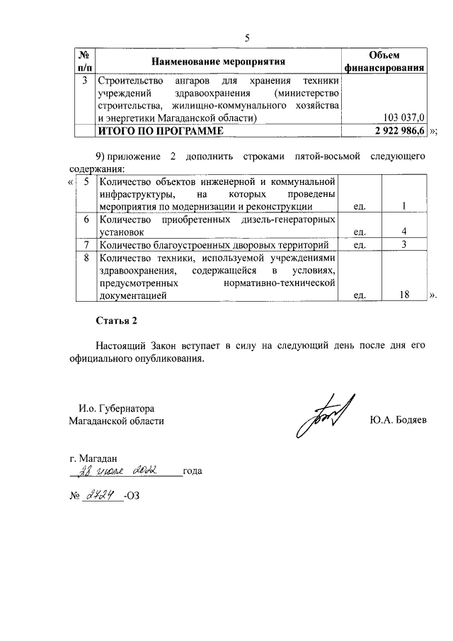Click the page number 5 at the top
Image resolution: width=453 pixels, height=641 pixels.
[247, 38]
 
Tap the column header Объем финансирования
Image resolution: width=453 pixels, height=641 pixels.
[384, 62]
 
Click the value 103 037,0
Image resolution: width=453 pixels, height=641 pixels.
[403, 117]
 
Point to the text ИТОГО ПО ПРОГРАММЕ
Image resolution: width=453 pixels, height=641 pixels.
[160, 130]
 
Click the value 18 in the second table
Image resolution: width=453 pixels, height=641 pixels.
[404, 296]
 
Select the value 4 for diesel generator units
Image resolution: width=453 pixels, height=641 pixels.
[403, 232]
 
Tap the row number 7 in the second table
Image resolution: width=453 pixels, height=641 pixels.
[85, 245]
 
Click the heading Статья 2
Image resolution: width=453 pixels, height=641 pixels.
[117, 321]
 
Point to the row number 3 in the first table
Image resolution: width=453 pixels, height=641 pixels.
[85, 80]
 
